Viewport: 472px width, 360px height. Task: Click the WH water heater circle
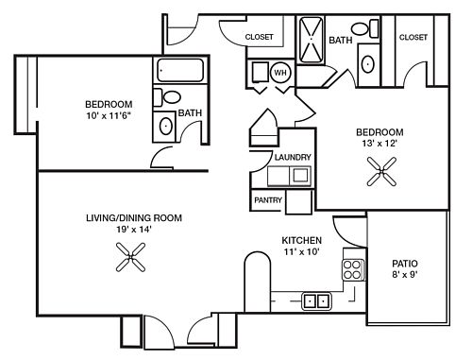point(280,73)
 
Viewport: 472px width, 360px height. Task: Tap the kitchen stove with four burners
point(353,269)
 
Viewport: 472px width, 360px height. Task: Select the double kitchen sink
point(316,301)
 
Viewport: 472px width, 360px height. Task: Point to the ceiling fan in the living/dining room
point(130,257)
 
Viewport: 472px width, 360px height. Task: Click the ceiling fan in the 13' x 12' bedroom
point(381,172)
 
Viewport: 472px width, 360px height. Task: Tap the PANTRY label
point(268,200)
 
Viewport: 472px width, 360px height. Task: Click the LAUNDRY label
point(293,157)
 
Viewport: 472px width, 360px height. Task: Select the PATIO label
point(405,264)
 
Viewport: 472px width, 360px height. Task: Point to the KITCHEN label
point(302,241)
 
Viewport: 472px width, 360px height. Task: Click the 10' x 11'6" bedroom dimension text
point(109,115)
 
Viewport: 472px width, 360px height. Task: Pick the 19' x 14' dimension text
point(134,230)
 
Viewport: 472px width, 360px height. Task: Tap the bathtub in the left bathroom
point(180,70)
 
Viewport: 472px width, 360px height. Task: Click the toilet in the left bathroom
point(168,97)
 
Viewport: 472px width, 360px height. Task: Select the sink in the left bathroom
point(166,126)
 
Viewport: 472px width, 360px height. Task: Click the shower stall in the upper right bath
point(311,40)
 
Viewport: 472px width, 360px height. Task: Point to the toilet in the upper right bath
point(365,28)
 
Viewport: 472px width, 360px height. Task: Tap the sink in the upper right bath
point(368,64)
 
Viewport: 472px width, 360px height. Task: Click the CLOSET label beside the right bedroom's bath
point(413,37)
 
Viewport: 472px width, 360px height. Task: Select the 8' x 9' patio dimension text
point(405,275)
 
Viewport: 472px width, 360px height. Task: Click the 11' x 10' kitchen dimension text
point(302,252)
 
